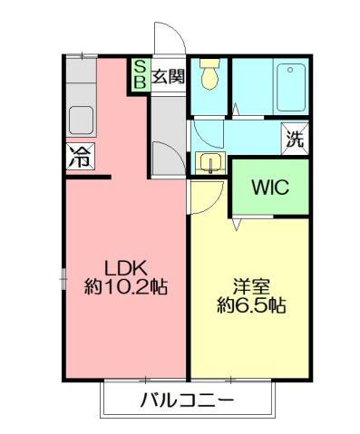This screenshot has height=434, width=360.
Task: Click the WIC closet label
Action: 269,188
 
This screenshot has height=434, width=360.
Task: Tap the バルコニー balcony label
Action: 187,400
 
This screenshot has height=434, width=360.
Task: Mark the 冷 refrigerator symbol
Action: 78,156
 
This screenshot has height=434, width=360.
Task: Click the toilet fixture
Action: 209,76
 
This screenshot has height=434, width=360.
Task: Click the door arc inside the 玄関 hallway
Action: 164,156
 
